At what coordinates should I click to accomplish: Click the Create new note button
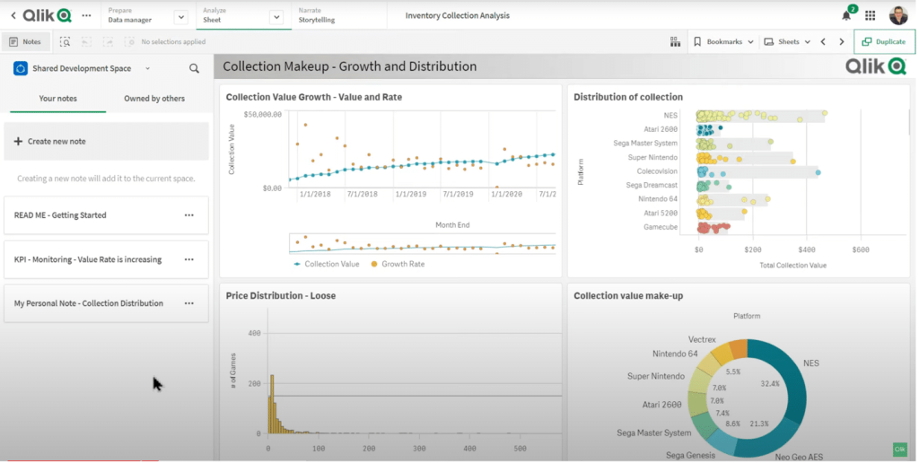click(x=106, y=141)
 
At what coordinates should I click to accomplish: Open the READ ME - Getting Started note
click(x=60, y=215)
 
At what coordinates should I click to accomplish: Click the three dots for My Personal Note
click(x=188, y=303)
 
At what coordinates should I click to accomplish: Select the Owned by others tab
click(x=154, y=99)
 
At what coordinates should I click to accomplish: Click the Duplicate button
click(x=884, y=41)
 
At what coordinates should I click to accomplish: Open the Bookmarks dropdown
click(x=724, y=41)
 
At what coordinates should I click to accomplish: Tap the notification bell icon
click(x=846, y=16)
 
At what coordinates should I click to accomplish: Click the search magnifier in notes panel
click(x=194, y=68)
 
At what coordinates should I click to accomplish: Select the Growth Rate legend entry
click(x=398, y=265)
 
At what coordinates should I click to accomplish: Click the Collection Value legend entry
click(x=327, y=265)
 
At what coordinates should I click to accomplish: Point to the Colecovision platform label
click(x=657, y=171)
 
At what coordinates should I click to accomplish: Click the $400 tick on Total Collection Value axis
click(x=807, y=249)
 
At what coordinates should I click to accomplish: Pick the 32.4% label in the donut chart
click(x=769, y=384)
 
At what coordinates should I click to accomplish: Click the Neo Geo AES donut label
click(x=799, y=457)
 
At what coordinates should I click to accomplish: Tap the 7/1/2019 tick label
click(x=458, y=194)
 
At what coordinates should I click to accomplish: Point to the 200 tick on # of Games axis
click(x=254, y=383)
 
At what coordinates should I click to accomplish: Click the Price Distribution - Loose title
click(x=281, y=296)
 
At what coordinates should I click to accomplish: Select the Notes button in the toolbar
click(x=25, y=41)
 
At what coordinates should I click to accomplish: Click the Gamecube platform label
click(x=661, y=227)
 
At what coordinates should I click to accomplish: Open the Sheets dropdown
click(x=787, y=41)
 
